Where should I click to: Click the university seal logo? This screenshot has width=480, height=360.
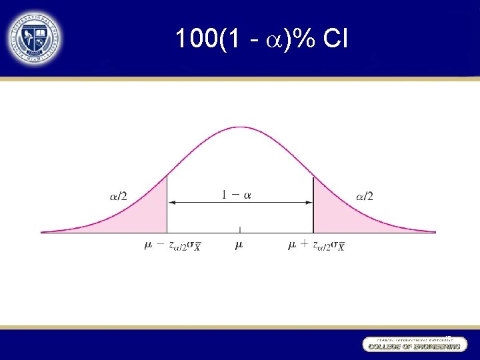click(x=35, y=37)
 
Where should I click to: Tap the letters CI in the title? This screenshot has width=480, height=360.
click(x=335, y=39)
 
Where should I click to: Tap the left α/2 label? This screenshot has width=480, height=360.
click(x=118, y=196)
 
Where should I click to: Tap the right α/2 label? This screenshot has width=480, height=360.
click(x=365, y=196)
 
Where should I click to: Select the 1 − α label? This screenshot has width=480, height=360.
click(x=237, y=195)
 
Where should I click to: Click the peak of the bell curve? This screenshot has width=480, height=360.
click(x=240, y=127)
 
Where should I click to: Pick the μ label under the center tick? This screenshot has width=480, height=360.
click(x=239, y=245)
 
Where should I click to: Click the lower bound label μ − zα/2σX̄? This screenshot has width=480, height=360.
click(x=173, y=246)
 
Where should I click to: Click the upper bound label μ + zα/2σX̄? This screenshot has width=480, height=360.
click(x=316, y=246)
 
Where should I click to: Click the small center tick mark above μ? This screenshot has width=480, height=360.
click(x=240, y=229)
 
